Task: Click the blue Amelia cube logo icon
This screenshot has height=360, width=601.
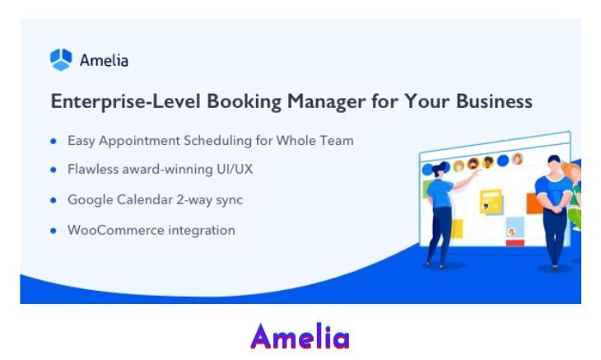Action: click(x=61, y=59)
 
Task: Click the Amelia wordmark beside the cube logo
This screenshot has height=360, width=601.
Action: click(x=104, y=60)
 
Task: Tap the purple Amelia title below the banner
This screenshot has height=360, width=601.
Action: click(x=300, y=336)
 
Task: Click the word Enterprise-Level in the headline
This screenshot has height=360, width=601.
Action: click(x=126, y=101)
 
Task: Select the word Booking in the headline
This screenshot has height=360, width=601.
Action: click(x=245, y=102)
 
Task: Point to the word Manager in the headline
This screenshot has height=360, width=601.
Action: click(x=326, y=102)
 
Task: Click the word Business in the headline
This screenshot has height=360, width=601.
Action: click(x=494, y=101)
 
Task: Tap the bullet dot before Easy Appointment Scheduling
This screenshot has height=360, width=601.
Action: click(x=54, y=141)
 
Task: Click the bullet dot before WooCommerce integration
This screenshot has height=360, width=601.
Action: click(x=54, y=231)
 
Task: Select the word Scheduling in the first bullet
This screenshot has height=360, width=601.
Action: click(x=217, y=141)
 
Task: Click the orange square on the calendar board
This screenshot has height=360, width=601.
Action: click(x=533, y=203)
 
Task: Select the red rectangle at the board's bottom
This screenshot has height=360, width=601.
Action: click(x=515, y=243)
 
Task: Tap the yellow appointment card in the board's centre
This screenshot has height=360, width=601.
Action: click(x=491, y=201)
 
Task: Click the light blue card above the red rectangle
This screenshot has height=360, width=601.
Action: click(x=515, y=227)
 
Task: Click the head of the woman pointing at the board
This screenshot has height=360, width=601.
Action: click(x=440, y=170)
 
